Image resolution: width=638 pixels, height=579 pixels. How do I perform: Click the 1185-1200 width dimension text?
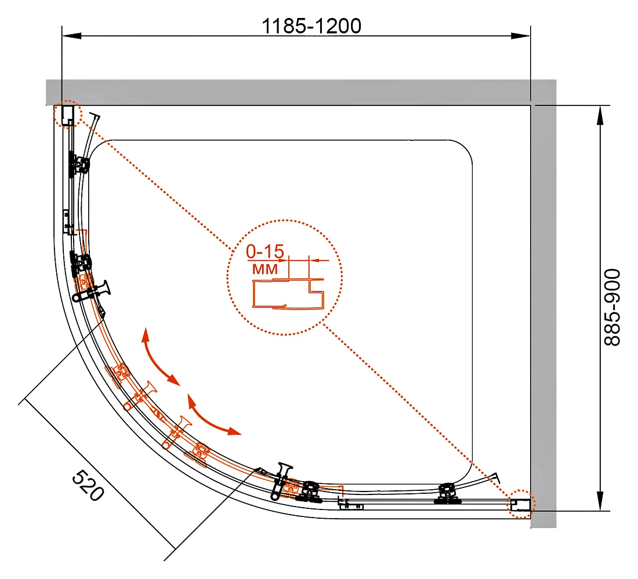point(311,26)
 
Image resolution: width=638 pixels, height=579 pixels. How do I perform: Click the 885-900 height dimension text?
point(612,307)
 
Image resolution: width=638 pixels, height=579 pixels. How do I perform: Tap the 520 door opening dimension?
point(88,485)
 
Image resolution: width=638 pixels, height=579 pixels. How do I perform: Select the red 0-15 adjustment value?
point(265,252)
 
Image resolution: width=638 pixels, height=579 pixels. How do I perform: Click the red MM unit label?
point(265,269)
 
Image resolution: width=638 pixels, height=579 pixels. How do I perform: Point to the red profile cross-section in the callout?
point(288,293)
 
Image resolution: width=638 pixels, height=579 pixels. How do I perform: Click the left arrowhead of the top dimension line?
point(71,36)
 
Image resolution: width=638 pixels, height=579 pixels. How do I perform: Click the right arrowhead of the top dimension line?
point(521,36)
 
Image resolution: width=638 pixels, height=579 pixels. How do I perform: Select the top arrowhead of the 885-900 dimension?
point(600,115)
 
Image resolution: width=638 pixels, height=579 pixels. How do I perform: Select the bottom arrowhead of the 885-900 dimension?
point(600,501)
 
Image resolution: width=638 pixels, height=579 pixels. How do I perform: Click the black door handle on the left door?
point(92,290)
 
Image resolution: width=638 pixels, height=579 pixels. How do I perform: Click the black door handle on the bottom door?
point(281,481)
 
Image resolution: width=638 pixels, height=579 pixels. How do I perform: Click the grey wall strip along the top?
point(288,92)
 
